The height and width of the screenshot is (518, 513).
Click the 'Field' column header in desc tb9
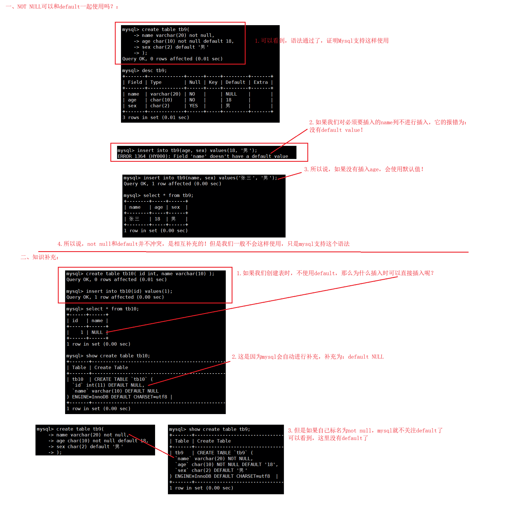tap(135, 82)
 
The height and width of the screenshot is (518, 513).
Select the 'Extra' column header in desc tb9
tap(260, 82)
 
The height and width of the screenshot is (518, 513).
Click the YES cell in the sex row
tap(193, 106)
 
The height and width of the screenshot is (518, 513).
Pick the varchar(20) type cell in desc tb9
tap(165, 94)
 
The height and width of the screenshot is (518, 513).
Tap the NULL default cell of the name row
tap(231, 94)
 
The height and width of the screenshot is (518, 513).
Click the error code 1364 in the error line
tap(140, 156)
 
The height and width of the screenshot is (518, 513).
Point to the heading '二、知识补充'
tap(39, 257)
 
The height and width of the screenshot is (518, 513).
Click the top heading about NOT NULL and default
tap(62, 6)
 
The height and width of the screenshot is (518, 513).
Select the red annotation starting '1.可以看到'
tap(321, 41)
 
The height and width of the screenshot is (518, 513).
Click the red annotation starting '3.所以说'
tap(364, 169)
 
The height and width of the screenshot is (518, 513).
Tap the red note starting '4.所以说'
tap(203, 244)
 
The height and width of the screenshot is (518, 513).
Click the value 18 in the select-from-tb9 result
tap(157, 219)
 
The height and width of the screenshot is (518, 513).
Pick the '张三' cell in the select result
tap(134, 219)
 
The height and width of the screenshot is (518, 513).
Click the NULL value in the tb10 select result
tap(97, 332)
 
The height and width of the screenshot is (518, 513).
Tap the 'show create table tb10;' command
tap(118, 356)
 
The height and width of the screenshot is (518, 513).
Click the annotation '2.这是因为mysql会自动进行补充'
tap(307, 357)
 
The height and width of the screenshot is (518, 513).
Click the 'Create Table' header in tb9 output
tap(214, 441)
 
